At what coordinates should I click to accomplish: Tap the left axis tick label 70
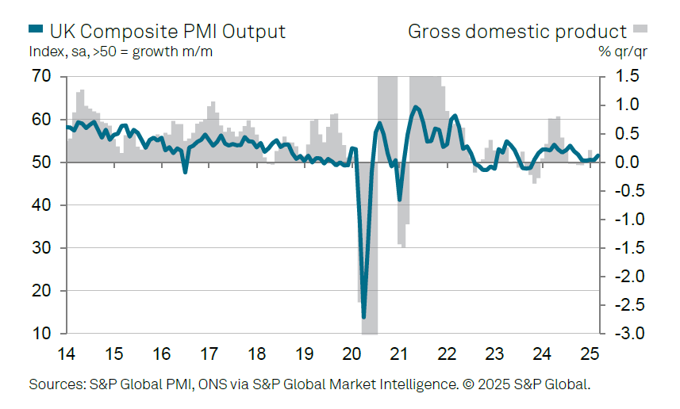[x=41, y=77]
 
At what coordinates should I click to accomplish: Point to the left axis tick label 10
[x=41, y=334]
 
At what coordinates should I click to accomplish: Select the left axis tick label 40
[x=41, y=205]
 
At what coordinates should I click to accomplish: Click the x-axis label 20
[x=352, y=353]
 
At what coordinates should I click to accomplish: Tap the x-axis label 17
[x=209, y=353]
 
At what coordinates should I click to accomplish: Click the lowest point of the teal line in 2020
[x=364, y=317]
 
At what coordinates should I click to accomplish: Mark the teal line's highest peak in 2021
[x=416, y=106]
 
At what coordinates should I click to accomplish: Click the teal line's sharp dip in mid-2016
[x=185, y=171]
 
